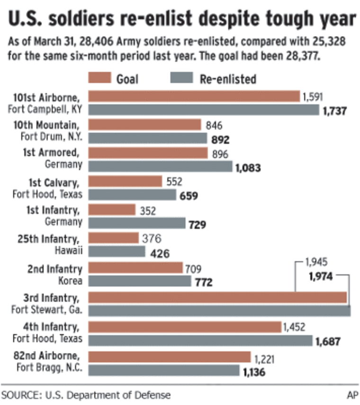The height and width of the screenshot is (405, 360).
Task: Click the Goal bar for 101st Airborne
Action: coord(194,97)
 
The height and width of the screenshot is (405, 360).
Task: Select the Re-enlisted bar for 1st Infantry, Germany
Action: coord(137,223)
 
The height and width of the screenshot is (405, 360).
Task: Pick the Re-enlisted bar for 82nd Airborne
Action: coord(164,370)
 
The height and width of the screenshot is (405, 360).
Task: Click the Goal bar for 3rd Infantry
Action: coord(218,297)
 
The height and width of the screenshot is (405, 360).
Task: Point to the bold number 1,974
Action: coord(319,276)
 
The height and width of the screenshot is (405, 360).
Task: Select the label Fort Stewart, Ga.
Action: coord(47,310)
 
